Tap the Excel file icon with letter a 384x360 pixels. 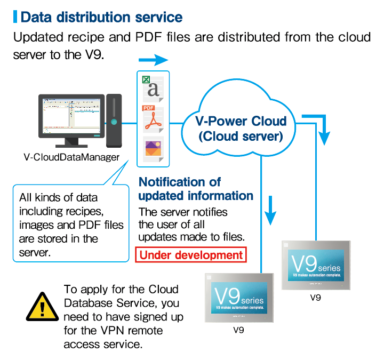153,87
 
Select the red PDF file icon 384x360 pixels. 153,119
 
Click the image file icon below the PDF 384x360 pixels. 153,148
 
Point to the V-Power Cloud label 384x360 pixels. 240,121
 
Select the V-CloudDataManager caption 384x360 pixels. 71,157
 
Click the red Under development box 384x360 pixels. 191,255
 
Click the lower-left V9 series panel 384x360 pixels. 239,297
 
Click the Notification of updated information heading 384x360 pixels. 196,189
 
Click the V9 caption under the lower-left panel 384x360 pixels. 238,330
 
